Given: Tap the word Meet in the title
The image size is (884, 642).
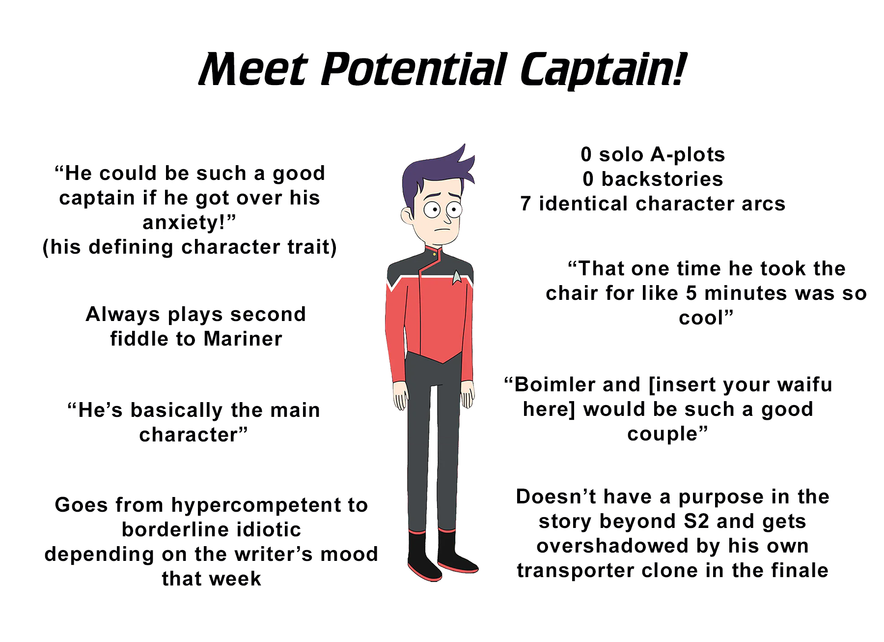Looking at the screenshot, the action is click(253, 70).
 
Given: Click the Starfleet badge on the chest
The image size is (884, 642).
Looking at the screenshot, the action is click(457, 277).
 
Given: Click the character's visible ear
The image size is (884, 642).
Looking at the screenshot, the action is click(407, 215).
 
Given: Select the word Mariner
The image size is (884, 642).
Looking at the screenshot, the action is click(243, 339).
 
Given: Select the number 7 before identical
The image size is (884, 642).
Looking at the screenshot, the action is click(525, 204).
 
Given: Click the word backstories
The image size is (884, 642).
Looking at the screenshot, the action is click(663, 179).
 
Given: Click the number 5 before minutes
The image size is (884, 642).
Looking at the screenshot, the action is click(691, 293).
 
